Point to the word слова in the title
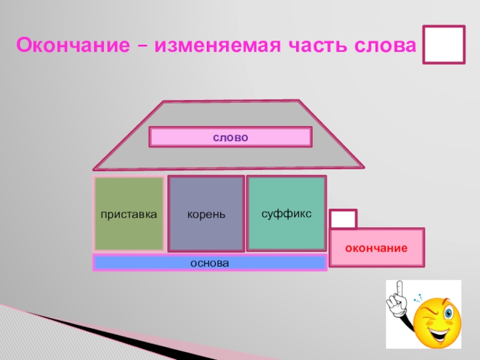387,45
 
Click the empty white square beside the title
443,44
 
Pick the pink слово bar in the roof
230,137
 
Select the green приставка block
128,214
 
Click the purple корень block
206,214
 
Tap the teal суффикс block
286,213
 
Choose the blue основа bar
209,263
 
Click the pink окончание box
377,247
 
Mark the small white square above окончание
343,219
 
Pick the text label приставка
128,214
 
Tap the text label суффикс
286,213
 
